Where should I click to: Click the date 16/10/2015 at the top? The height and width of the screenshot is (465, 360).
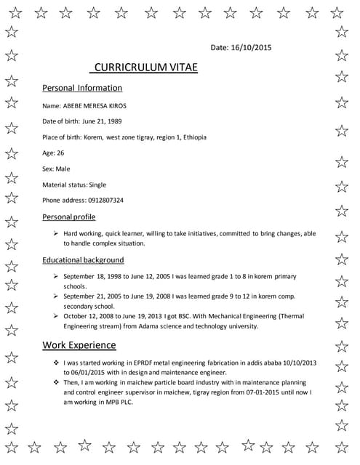point(252,47)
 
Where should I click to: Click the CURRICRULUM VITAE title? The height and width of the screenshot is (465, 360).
point(145,68)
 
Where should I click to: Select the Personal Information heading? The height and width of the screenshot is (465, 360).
point(82,88)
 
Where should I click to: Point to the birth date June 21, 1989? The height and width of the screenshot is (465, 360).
point(103,121)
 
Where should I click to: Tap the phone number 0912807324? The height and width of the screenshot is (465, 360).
point(103,201)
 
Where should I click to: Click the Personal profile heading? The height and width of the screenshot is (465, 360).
point(69,217)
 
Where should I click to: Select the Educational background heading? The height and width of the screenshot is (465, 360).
point(83,260)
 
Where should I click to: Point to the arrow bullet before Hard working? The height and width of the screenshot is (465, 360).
point(56,234)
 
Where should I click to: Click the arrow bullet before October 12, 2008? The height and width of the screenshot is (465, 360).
point(56,317)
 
